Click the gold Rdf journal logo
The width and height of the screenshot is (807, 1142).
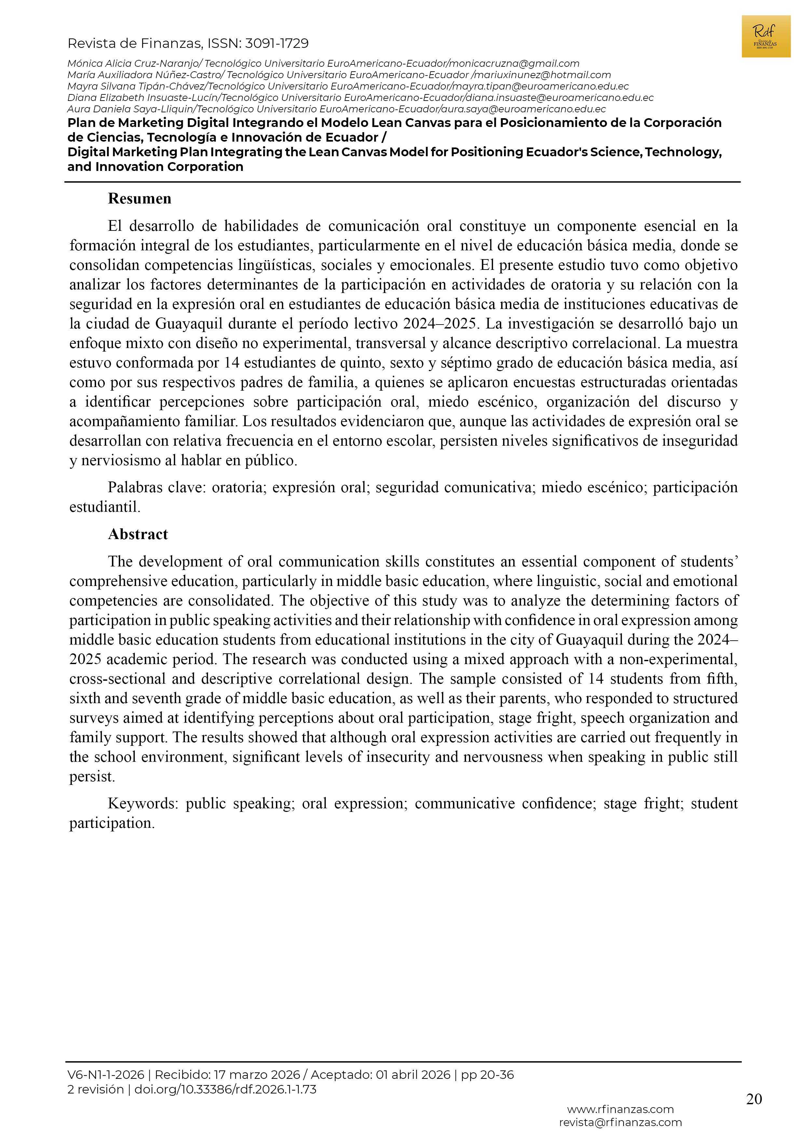(x=765, y=36)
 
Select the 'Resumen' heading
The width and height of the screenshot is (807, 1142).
(x=139, y=199)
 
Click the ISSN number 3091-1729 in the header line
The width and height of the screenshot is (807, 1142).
(x=277, y=44)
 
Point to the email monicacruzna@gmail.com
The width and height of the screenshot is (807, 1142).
(x=514, y=64)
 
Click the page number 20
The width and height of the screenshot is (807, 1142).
(x=754, y=1099)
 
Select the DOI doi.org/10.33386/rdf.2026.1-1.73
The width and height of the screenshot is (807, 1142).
(x=225, y=1089)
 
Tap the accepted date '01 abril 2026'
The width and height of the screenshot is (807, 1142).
(x=413, y=1075)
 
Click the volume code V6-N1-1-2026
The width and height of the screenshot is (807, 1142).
(x=106, y=1075)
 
